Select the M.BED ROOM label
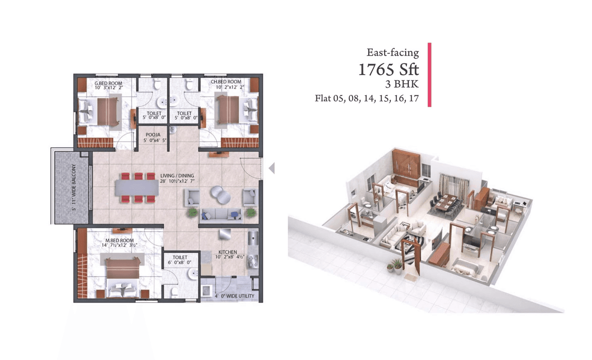[x=119, y=241]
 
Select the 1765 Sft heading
[x=388, y=70]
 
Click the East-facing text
[x=393, y=53]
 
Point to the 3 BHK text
[x=402, y=85]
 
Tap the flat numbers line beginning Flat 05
[x=367, y=98]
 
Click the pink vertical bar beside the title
[x=430, y=75]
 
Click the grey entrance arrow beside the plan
[x=272, y=168]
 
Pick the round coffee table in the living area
[x=220, y=194]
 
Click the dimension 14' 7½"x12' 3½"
[x=119, y=247]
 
